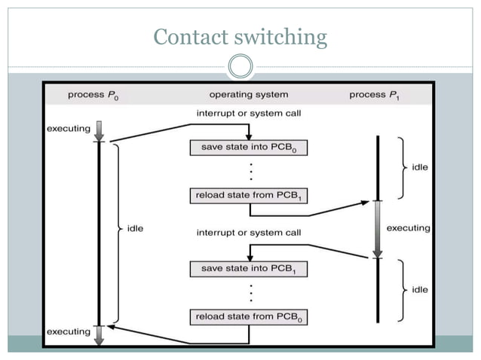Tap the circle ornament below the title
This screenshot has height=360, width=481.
coord(240,68)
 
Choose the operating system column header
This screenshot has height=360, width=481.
coord(248,95)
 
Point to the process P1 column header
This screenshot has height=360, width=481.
coord(375,95)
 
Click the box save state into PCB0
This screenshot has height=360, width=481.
coord(249,148)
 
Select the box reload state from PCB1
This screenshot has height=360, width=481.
coord(249,196)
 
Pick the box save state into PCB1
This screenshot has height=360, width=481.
coord(249,268)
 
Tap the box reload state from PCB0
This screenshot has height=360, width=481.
coord(249,316)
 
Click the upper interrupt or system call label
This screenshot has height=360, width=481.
coord(249,114)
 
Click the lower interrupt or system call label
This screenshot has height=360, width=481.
coord(249,233)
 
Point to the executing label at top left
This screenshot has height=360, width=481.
coord(69,129)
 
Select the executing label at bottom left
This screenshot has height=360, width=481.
coord(69,331)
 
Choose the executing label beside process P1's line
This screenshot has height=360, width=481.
coord(408,227)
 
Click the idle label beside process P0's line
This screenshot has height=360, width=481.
coord(136,227)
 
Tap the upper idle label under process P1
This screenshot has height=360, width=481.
coord(420,167)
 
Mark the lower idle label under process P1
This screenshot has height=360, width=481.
coord(420,289)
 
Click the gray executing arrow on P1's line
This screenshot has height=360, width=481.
coord(378,228)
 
